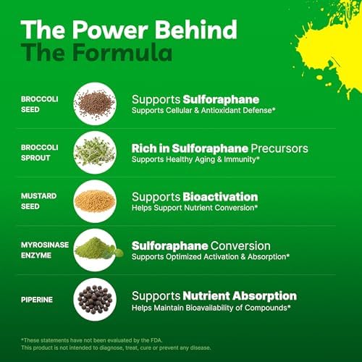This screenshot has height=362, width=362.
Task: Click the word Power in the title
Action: click(x=110, y=30)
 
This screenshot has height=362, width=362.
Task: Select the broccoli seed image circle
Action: click(x=95, y=104)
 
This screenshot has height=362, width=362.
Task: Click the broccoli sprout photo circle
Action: click(x=95, y=153)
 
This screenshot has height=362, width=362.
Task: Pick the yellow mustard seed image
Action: click(x=95, y=201)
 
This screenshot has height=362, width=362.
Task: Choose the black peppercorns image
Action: click(x=95, y=299)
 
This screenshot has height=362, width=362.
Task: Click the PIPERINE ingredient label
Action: click(x=37, y=300)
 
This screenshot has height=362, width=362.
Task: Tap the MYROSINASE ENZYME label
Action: click(x=45, y=250)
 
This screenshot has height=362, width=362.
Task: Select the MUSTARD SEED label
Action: click(x=38, y=201)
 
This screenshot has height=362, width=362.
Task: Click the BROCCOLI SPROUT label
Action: click(x=40, y=153)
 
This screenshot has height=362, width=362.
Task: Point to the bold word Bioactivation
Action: click(x=220, y=197)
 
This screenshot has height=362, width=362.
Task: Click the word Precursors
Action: click(x=279, y=148)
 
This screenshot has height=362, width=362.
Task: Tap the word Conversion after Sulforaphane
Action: click(x=240, y=246)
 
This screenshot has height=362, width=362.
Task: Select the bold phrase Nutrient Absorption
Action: click(x=240, y=296)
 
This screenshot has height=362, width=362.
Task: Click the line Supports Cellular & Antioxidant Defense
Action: click(x=203, y=111)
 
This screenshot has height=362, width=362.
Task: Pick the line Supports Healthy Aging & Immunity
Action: click(x=195, y=159)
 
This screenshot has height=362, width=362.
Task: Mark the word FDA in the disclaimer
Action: click(x=156, y=340)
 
